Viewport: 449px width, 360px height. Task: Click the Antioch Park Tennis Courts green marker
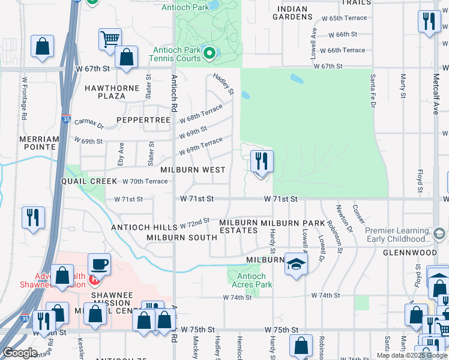pos(209,54)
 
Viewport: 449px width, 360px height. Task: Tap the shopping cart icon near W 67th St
pos(110,39)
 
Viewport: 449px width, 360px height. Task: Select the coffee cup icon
pos(99,263)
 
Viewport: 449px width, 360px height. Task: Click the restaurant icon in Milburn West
pos(261,161)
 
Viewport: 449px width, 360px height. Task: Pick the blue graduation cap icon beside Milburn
pos(296,263)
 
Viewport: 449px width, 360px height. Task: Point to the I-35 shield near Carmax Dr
pos(65,119)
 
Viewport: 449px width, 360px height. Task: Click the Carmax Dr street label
pos(89,125)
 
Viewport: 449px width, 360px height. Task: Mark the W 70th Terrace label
pos(145,181)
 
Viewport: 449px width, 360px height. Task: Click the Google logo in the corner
pos(20,353)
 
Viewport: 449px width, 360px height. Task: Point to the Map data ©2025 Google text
pos(412,355)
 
